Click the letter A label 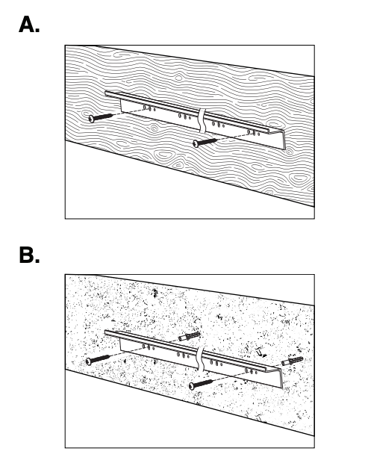pyautogui.click(x=29, y=25)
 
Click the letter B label pyautogui.click(x=29, y=255)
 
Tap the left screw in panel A pyautogui.click(x=101, y=117)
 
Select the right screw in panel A pyautogui.click(x=205, y=142)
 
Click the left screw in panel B pyautogui.click(x=98, y=359)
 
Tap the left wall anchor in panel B pyautogui.click(x=190, y=336)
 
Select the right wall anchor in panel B pyautogui.click(x=293, y=361)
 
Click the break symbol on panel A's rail pyautogui.click(x=202, y=120)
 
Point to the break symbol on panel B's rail pyautogui.click(x=201, y=358)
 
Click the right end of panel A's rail pyautogui.click(x=284, y=140)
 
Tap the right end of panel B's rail pyautogui.click(x=281, y=379)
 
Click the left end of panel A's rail pyautogui.click(x=106, y=93)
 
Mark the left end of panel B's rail pyautogui.click(x=106, y=332)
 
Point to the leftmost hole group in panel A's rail pyautogui.click(x=149, y=108)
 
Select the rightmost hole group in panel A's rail pyautogui.click(x=253, y=132)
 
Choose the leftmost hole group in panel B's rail pyautogui.click(x=149, y=347)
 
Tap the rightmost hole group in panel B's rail pyautogui.click(x=251, y=371)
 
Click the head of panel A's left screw pyautogui.click(x=92, y=119)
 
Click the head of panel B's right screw pyautogui.click(x=192, y=386)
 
